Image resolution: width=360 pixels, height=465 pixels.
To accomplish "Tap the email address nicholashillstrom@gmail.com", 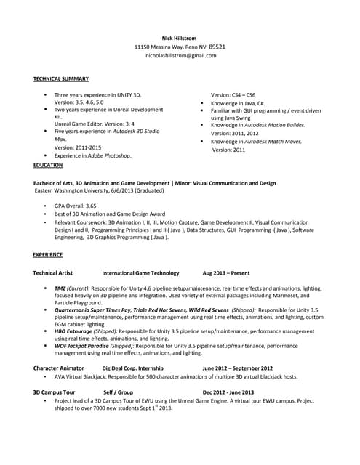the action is pos(181,55).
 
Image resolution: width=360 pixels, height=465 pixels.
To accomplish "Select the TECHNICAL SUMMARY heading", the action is pos(61,78).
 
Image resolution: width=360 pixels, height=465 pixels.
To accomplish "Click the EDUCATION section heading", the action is pos(48,165).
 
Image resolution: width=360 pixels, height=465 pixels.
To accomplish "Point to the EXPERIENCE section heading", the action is pos(48,255).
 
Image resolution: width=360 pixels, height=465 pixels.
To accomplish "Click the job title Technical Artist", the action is pos(53,273).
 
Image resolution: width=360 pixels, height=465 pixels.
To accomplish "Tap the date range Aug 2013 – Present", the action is pos(226,273).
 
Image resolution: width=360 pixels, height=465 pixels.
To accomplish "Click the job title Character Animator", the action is pos(59,368).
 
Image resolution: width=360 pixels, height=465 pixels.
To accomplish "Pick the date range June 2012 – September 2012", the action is pos(238,368).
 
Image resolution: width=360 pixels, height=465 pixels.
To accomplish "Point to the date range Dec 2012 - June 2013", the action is pos(228,392).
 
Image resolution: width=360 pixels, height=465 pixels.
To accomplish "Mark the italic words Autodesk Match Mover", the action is pos(269,141).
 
